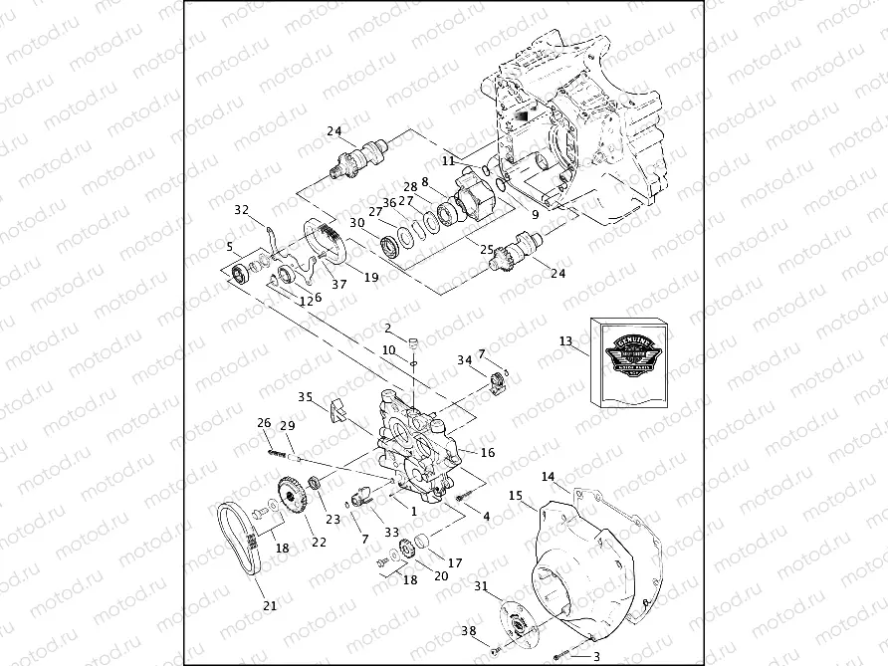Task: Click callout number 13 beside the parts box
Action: coord(565,341)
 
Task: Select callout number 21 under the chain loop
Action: coord(269,605)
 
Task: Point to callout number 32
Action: coord(241,209)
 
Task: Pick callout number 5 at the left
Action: coord(230,247)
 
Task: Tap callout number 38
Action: coord(468,631)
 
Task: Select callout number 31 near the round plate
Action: coord(481,585)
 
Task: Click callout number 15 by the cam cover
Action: coord(516,496)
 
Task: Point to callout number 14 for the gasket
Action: coord(549,477)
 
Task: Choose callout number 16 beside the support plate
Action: coord(488,452)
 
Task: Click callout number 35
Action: coord(307,395)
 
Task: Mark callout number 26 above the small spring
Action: coord(264,422)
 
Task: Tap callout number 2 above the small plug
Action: coord(388,328)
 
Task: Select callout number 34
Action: coord(464,359)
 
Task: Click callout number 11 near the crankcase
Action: coord(449,159)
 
